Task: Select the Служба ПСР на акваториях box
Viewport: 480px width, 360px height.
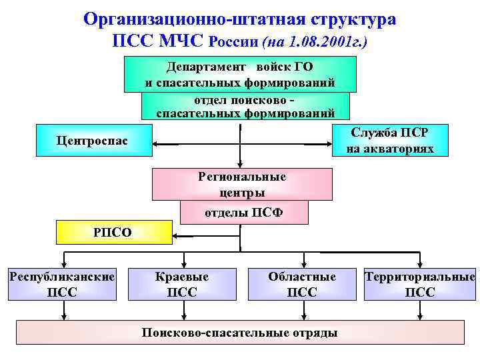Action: click(x=390, y=140)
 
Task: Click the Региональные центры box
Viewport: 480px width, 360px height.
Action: click(x=242, y=184)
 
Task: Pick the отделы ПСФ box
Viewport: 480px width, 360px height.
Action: click(x=244, y=213)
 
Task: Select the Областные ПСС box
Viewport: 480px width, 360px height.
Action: click(x=302, y=284)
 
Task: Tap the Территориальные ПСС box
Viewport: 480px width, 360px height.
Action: click(x=420, y=284)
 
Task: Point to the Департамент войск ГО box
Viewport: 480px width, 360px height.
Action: click(x=240, y=74)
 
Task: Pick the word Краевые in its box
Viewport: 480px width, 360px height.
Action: click(x=181, y=276)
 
